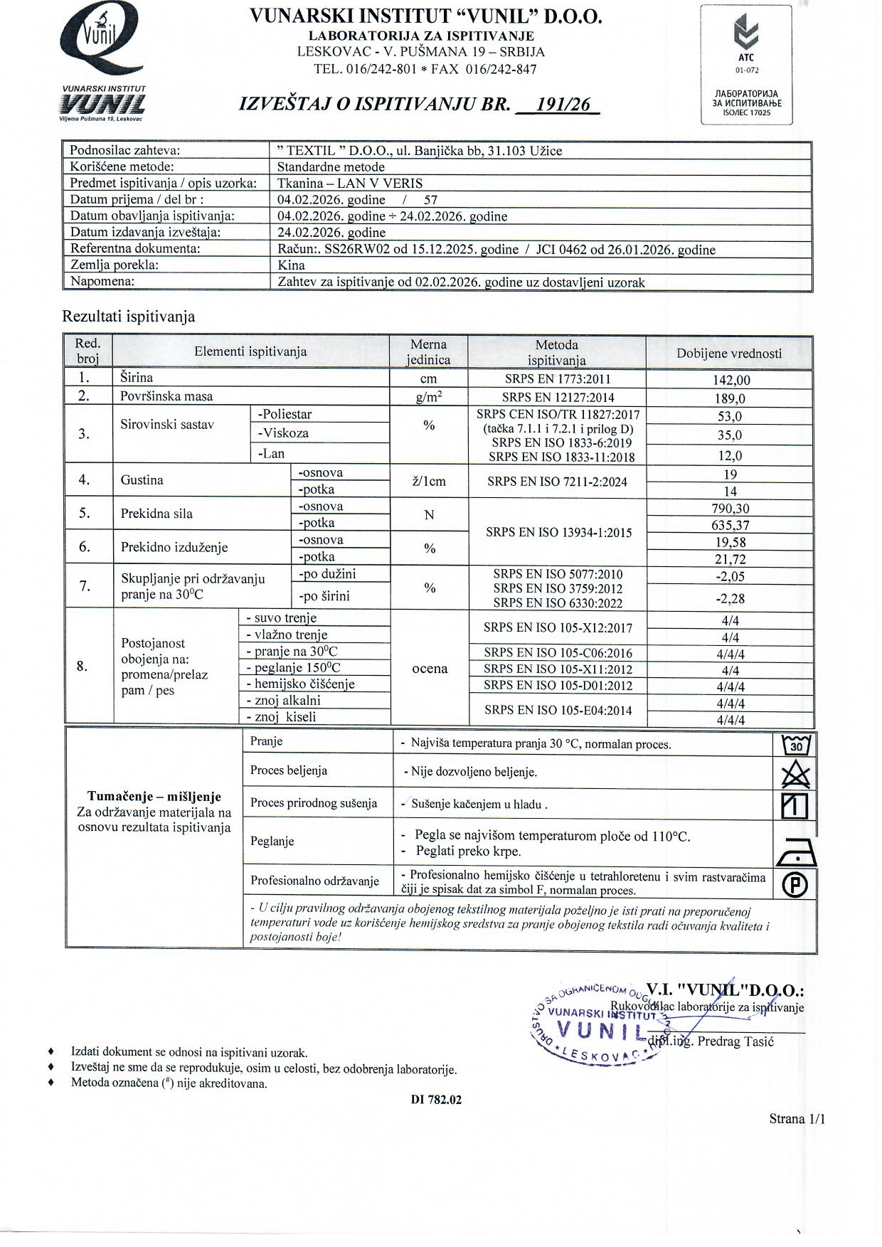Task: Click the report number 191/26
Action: [x=562, y=105]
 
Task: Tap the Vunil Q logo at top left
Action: [x=103, y=43]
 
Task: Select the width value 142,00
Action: [x=730, y=380]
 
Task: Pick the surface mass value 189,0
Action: [x=730, y=398]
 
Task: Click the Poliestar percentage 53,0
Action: [x=730, y=416]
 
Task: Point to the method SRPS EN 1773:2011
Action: [x=557, y=379]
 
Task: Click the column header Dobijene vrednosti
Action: [x=729, y=354]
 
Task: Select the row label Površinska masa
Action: [x=166, y=396]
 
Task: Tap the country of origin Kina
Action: [x=291, y=265]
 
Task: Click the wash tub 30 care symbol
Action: [x=796, y=745]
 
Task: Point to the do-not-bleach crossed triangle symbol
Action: [x=795, y=774]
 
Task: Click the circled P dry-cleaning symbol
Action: [x=795, y=884]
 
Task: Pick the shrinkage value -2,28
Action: [x=730, y=599]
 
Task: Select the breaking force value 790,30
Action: [x=730, y=509]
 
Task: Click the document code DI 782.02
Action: [x=436, y=1100]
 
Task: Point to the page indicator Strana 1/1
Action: [x=797, y=1119]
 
